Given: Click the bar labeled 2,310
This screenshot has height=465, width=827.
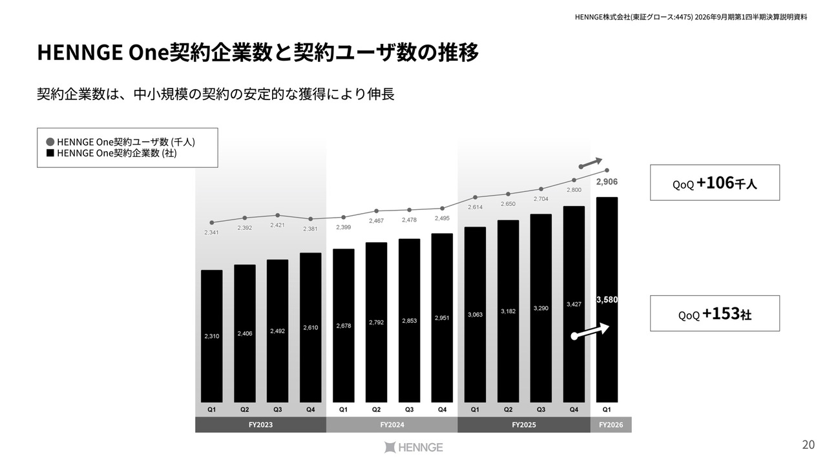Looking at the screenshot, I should [x=212, y=336].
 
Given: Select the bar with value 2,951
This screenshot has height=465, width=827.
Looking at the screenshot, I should [x=442, y=318].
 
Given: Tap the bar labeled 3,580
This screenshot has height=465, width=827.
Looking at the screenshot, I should [x=607, y=299].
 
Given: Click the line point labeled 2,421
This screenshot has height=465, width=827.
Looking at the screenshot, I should [x=278, y=215].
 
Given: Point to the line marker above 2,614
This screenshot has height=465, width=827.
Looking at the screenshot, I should [x=475, y=197].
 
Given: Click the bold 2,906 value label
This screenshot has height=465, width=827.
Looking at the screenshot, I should [x=607, y=182].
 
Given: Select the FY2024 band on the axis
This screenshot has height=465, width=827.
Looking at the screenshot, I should [x=392, y=425].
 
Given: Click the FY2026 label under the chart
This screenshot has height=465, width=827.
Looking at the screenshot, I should [x=611, y=425].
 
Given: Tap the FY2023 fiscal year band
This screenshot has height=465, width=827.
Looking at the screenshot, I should [x=260, y=425].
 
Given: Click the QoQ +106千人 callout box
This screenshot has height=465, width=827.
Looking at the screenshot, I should [x=715, y=183].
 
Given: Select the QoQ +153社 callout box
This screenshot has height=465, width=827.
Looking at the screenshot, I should [x=715, y=314].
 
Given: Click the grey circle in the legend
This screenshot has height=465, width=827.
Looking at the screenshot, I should [x=50, y=141].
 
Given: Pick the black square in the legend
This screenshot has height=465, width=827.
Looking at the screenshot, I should [x=50, y=153].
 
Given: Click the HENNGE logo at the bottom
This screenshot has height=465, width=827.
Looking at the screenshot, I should [x=413, y=447].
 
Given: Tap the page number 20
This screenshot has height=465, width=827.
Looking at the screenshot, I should [x=808, y=444].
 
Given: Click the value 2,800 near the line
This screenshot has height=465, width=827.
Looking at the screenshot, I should [x=574, y=190].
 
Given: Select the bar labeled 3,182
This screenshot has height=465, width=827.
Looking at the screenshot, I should [x=508, y=311].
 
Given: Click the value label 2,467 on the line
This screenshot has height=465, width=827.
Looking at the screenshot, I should [x=377, y=221].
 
